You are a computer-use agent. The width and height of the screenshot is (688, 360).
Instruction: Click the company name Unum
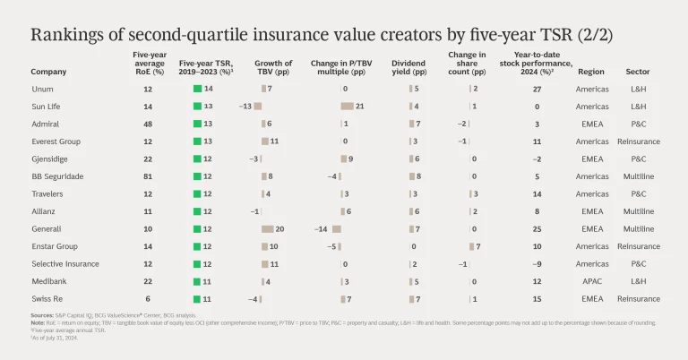41,90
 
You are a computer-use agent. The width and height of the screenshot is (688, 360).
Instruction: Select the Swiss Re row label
46,297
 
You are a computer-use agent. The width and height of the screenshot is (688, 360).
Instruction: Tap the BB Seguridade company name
57,176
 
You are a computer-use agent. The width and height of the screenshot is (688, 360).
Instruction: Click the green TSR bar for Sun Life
196,107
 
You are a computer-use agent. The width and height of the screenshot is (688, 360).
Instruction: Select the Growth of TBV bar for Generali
272,228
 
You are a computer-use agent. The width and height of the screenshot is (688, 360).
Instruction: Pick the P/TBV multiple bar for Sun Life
347,107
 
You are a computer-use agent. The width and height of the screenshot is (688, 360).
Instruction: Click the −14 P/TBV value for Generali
321,228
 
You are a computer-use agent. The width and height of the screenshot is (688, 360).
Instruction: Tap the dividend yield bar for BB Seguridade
412,176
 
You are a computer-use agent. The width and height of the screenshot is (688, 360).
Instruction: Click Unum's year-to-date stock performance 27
537,90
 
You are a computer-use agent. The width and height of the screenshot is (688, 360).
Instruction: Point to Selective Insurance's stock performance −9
537,263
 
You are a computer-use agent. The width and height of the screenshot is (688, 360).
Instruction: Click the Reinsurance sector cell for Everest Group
638,141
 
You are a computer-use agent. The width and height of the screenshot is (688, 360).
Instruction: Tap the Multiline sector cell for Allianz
638,211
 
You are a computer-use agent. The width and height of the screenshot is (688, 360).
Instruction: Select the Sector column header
638,72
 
